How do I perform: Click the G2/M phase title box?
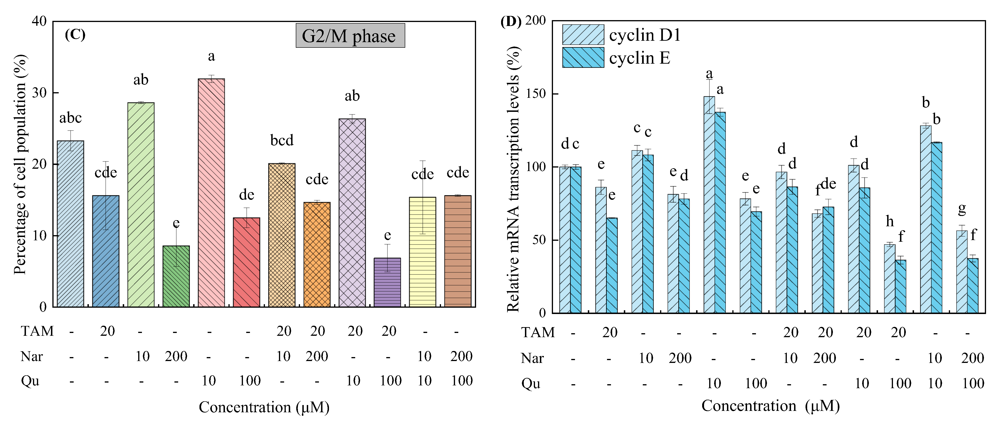pos(350,35)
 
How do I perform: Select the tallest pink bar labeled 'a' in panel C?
pos(211,193)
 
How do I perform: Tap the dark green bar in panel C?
pos(176,277)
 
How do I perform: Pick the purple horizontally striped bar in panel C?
pos(387,282)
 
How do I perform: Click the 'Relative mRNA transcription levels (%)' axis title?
pos(513,179)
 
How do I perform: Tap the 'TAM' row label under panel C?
pos(37,331)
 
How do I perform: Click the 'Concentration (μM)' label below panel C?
pos(264,407)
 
